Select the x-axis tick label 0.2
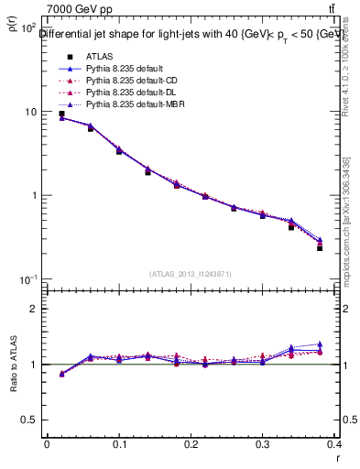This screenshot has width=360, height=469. coord(191,444)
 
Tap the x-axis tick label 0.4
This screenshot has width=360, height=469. coord(335,444)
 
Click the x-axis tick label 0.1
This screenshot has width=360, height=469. coord(119,444)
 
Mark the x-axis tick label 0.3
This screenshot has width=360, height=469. coord(263,444)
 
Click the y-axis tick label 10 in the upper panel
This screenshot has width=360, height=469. coord(31,112)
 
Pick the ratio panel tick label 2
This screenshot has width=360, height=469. coord(35,310)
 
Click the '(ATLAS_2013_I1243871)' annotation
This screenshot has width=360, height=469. coord(189,275)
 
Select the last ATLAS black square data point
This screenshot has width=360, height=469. coord(320,248)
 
